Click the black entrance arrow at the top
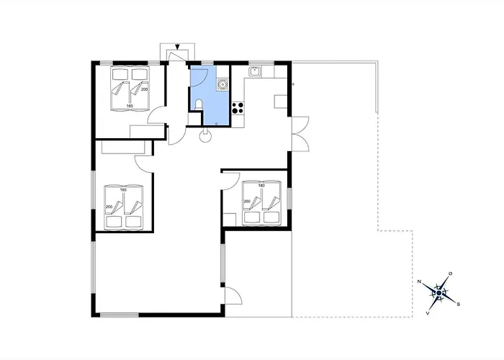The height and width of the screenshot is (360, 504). (x=177, y=47)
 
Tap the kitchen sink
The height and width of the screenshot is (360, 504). (x=255, y=71)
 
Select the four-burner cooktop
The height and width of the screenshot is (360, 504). (x=238, y=108)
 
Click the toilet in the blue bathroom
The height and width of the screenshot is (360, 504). (x=199, y=105)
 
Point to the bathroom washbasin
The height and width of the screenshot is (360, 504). (x=222, y=84)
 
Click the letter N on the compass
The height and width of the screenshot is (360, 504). (x=419, y=282)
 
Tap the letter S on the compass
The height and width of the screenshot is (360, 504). (x=459, y=304)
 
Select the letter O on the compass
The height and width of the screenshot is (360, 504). (x=451, y=274)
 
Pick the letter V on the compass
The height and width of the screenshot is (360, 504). (x=428, y=312)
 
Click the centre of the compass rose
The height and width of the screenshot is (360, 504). (x=439, y=293)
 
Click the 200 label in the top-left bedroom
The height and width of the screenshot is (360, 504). (x=144, y=89)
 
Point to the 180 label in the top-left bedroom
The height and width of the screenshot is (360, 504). (x=130, y=106)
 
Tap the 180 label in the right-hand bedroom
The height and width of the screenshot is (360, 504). (x=261, y=186)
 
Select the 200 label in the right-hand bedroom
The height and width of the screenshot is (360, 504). (x=247, y=202)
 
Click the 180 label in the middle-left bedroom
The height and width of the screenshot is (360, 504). (x=123, y=190)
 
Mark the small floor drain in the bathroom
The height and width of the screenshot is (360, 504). (x=216, y=123)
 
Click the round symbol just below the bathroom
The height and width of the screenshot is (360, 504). (x=205, y=136)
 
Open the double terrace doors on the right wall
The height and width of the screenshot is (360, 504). (x=300, y=134)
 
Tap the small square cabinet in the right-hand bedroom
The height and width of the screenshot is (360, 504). (x=230, y=220)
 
